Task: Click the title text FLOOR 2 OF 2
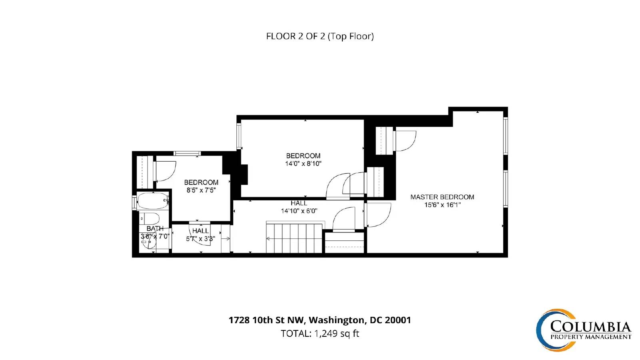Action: (x=296, y=36)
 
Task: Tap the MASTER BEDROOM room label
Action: (x=442, y=197)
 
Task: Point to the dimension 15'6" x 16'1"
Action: (x=442, y=205)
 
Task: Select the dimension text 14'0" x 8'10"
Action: (x=303, y=164)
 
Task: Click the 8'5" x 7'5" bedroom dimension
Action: (x=201, y=190)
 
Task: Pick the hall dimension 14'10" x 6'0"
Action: (x=299, y=211)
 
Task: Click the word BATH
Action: (x=155, y=228)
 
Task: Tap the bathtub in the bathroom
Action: (x=153, y=201)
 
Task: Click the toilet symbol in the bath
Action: (x=150, y=218)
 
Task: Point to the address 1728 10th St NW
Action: (x=267, y=320)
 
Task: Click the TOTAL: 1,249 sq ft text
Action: (x=320, y=334)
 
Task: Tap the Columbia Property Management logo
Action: (x=584, y=330)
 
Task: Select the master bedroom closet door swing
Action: (x=405, y=141)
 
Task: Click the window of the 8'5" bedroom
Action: (x=187, y=154)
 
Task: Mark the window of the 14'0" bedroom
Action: (x=239, y=136)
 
